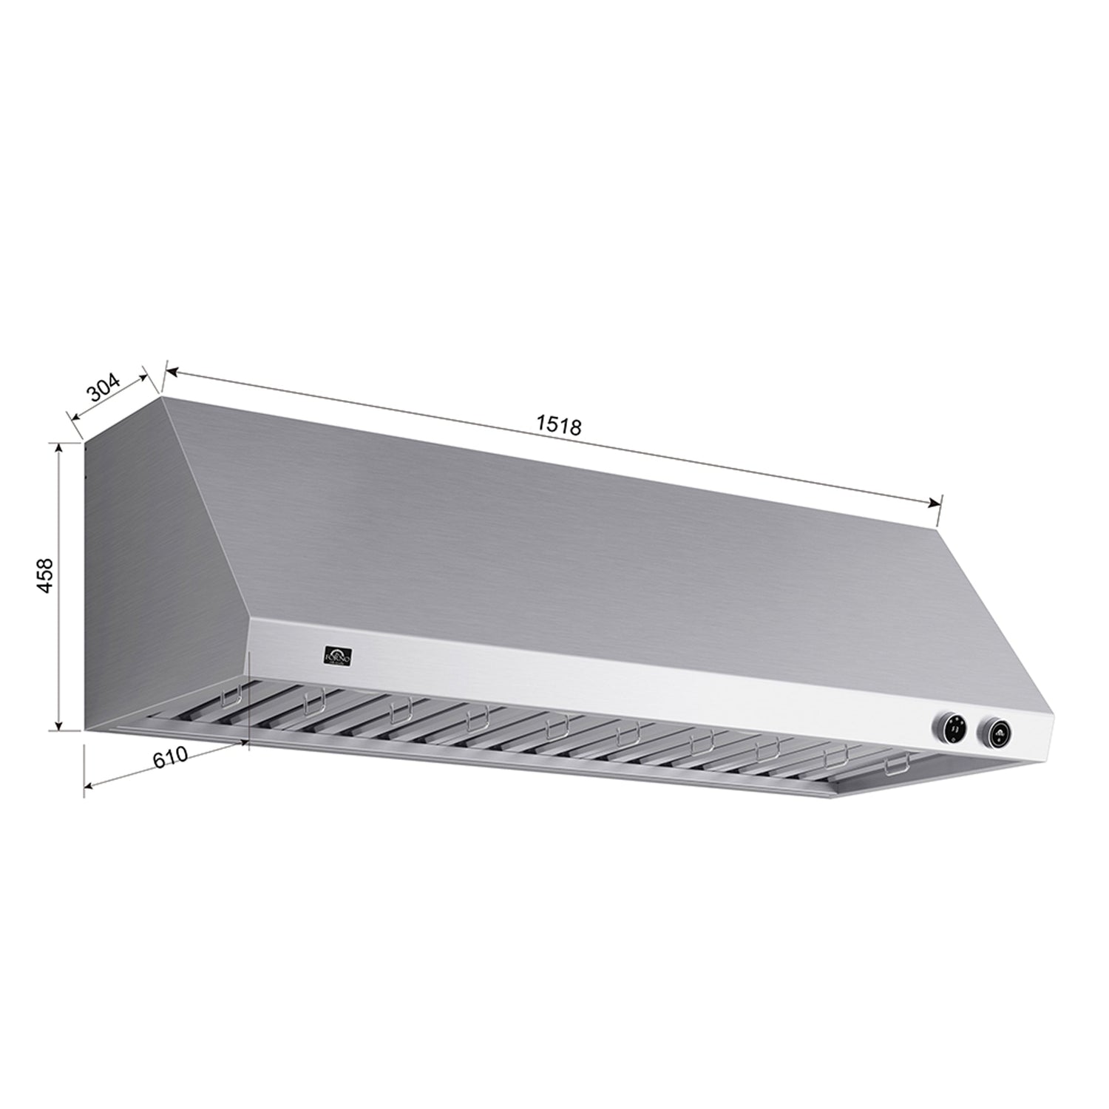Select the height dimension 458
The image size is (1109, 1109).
(x=45, y=576)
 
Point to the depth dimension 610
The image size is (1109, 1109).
(x=169, y=757)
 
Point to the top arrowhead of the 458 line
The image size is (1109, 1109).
(x=58, y=447)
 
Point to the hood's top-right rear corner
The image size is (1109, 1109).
(x=937, y=528)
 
